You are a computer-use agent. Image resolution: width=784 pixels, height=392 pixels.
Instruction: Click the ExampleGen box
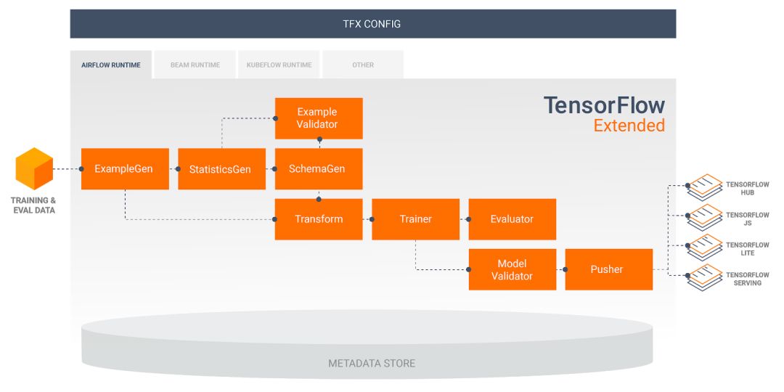click(124, 169)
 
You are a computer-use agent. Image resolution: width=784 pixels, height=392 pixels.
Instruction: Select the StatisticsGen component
click(220, 169)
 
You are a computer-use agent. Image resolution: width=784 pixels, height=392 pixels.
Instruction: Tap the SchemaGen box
click(317, 169)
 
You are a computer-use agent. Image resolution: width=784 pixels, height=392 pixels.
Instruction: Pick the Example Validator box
click(317, 118)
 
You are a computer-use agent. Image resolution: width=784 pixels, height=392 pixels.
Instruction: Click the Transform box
click(318, 219)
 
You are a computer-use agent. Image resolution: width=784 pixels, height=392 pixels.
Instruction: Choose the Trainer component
click(415, 219)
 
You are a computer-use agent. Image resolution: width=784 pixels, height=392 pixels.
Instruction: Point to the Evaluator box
click(512, 219)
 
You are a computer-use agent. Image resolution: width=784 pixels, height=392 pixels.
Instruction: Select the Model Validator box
click(512, 269)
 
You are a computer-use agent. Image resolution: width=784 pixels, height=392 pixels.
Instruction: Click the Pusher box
click(608, 269)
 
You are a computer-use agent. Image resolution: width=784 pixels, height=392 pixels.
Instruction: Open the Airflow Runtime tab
click(111, 65)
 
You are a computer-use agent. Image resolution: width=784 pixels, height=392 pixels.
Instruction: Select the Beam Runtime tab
click(195, 65)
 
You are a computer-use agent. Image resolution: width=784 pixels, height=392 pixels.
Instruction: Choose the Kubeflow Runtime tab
click(279, 65)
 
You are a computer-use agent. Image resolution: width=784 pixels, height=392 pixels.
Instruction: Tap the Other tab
click(363, 65)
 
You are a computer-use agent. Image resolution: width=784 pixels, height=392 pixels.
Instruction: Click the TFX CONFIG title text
click(372, 24)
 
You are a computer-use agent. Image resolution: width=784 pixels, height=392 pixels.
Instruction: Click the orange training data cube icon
click(35, 169)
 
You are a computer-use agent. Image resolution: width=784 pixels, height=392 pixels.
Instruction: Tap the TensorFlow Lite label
click(747, 249)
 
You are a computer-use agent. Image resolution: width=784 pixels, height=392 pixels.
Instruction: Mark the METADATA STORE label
click(372, 363)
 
